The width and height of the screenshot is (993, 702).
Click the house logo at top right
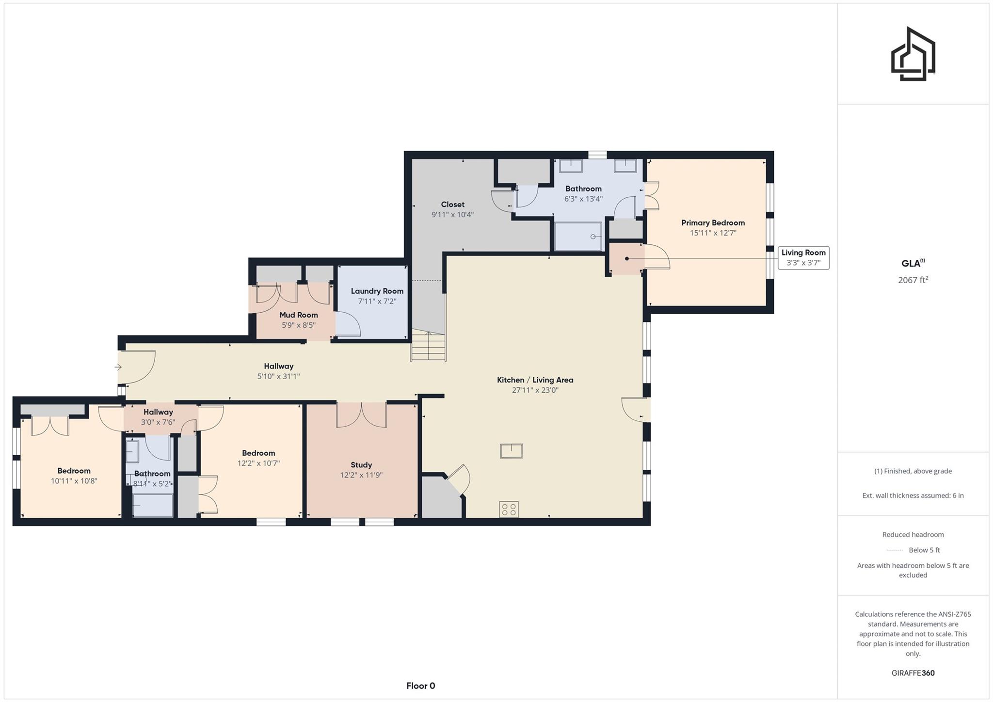point(913,54)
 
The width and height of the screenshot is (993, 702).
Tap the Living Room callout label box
point(803,257)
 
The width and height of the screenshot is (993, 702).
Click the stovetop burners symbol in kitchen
point(509,509)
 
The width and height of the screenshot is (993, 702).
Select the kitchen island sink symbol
point(511,451)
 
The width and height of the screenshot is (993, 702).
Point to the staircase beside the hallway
point(428,347)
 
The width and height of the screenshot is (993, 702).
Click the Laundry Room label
point(377,291)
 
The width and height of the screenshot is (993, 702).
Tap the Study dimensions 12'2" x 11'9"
point(361,475)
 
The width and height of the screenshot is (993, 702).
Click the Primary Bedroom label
point(713,223)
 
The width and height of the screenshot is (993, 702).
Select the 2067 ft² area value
point(913,280)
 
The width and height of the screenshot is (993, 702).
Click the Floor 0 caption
point(420,686)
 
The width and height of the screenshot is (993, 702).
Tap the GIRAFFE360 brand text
point(913,673)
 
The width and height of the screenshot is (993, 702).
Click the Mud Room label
point(298,315)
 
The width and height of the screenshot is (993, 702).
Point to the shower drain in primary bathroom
point(593,237)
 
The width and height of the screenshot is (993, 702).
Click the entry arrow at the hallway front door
point(118,367)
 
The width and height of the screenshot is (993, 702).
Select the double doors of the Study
point(361,415)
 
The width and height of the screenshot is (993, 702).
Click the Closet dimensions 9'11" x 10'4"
point(452,214)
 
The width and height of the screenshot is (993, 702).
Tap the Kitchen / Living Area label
point(535,380)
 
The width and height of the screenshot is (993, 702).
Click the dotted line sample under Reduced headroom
point(895,550)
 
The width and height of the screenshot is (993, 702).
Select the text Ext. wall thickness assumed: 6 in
point(913,495)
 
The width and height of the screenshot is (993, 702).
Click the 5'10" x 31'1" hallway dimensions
point(278,376)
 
